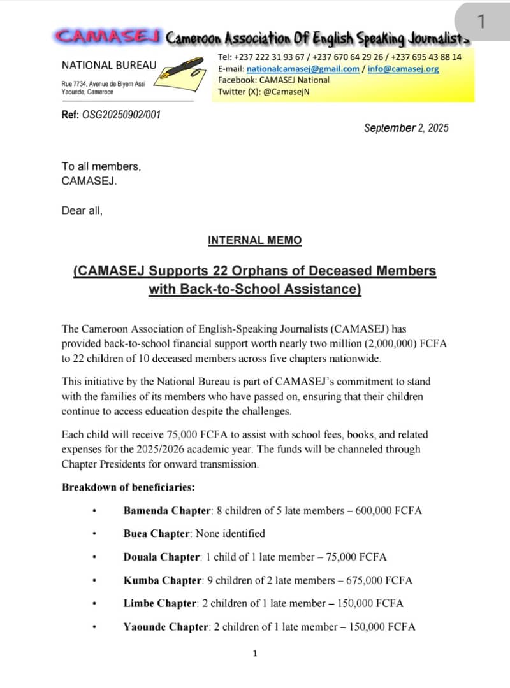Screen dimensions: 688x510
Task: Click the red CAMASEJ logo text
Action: coord(108,36)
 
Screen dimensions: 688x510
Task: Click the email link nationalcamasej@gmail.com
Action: coord(303,69)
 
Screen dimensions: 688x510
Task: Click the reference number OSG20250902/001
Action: coord(121,115)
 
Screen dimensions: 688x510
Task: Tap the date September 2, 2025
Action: coord(406,128)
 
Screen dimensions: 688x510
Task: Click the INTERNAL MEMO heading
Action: coord(254,241)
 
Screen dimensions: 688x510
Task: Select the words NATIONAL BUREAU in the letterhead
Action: coord(109,66)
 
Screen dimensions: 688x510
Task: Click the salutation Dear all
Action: coord(82,211)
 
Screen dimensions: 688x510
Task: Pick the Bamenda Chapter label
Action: coord(166,511)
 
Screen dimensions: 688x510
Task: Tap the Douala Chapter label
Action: coord(162,557)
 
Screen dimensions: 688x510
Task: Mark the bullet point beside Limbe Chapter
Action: coord(94,604)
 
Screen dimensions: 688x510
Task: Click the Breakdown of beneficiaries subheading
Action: coord(128,488)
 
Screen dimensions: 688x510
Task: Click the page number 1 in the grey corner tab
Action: coord(481,22)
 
